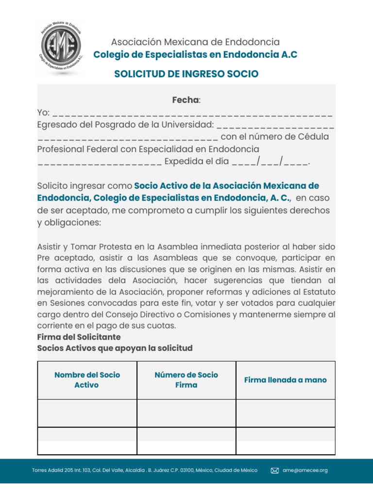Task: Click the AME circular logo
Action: point(60,49)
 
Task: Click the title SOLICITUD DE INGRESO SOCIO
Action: point(186,74)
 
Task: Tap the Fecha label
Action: point(186,100)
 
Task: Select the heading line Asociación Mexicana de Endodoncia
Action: point(195,42)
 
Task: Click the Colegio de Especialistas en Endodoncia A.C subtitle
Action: point(195,55)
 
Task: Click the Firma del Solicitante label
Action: point(79,337)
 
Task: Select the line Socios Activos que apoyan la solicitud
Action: point(115,348)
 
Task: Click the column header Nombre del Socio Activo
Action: point(87,380)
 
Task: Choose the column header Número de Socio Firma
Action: point(186,380)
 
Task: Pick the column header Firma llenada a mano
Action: point(285,380)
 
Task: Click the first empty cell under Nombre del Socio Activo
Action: point(87,413)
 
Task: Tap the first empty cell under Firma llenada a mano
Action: point(285,413)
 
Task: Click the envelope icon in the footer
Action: point(274,470)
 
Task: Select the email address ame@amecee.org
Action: point(305,470)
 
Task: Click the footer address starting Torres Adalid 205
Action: point(145,470)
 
